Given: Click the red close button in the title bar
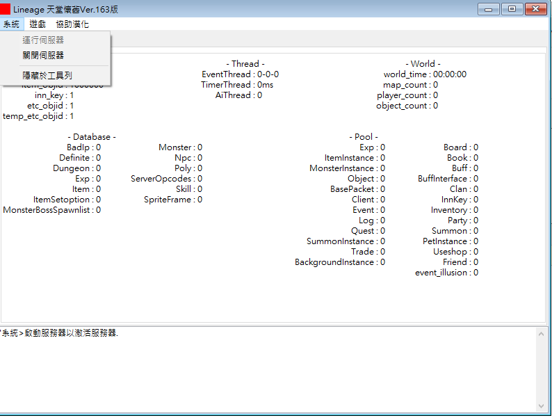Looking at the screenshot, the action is (536, 9).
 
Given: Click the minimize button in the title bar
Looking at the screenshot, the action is (488, 9).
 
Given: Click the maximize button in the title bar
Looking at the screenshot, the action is (512, 9).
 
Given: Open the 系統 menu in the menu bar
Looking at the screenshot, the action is (11, 24).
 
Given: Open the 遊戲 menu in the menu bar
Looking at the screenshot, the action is (38, 24).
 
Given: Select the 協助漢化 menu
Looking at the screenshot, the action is (72, 24).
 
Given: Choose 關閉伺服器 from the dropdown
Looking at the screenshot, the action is (43, 55).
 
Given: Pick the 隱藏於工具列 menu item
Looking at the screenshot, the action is (47, 75).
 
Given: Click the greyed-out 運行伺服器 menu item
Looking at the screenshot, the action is (43, 40).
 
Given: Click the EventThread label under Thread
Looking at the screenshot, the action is (226, 74).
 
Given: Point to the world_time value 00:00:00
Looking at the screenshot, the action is (450, 74).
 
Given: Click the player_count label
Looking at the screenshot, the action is (402, 95).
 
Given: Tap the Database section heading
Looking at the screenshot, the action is (92, 136).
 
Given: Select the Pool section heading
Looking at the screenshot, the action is (364, 136).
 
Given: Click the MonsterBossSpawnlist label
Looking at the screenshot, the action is (47, 210).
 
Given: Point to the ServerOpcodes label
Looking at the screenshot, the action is (161, 179).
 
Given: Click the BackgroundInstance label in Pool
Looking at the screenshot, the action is (334, 262).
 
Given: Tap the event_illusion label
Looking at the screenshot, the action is (441, 273).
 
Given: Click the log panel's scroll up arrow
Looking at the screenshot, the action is (541, 333).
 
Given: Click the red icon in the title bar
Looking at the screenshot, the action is (5, 9).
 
